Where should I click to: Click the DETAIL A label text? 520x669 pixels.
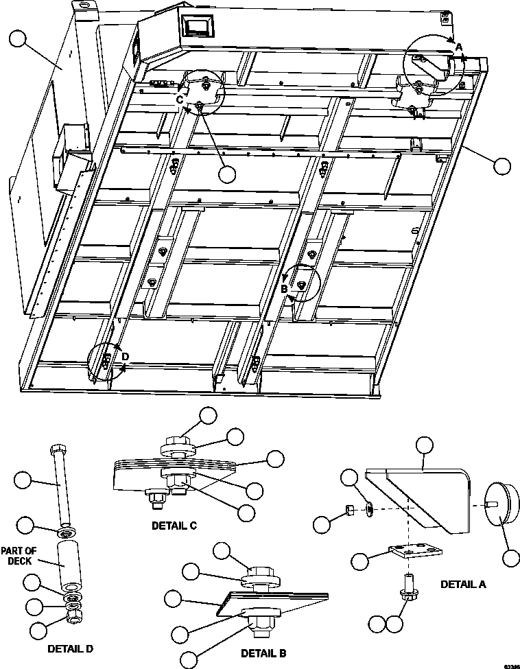[462, 585]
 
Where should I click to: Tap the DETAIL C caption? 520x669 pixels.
[174, 526]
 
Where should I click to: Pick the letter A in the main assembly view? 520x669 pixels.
[459, 47]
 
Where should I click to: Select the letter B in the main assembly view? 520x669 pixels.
[283, 289]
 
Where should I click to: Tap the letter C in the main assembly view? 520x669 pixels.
[180, 99]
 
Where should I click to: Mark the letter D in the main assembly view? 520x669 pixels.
[125, 355]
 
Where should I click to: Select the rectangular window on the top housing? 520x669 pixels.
[198, 28]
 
